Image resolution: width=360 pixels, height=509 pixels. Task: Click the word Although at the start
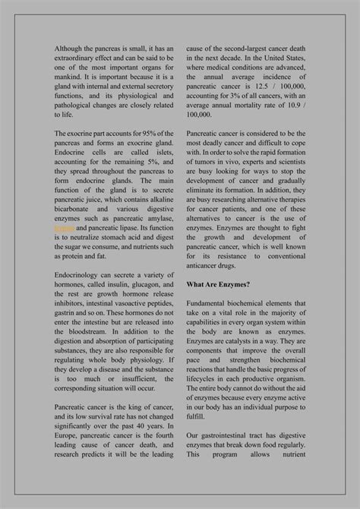pos(71,48)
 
